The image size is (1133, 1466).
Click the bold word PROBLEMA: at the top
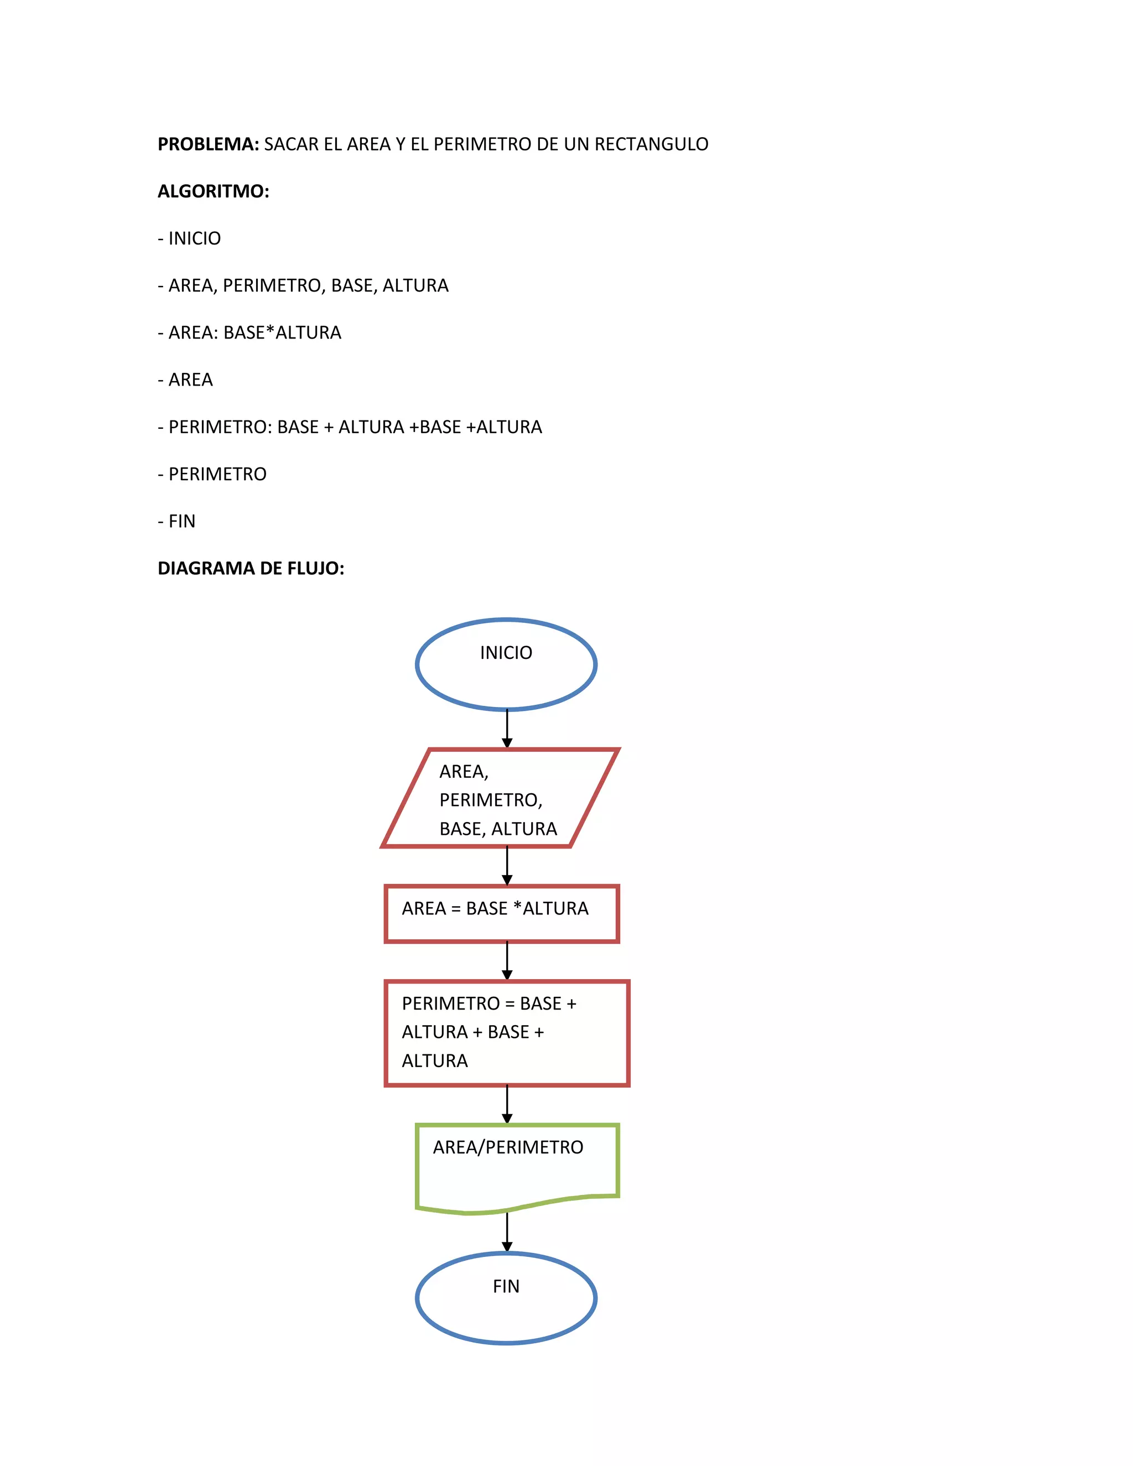tap(208, 144)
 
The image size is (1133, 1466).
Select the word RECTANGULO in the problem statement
tap(651, 144)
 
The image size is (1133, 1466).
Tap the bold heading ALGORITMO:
tap(214, 191)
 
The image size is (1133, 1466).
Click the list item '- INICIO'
tap(189, 238)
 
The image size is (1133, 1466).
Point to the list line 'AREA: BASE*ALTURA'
tap(250, 333)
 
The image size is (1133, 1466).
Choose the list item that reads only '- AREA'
tap(185, 380)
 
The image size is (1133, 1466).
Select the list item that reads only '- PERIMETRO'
tap(212, 474)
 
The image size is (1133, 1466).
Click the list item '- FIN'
tap(176, 522)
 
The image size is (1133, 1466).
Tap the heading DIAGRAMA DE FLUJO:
tap(251, 569)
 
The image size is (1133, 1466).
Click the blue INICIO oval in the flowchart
tap(506, 664)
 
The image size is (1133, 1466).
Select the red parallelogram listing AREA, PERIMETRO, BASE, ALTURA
tap(500, 798)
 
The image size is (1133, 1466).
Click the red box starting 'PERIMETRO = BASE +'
tap(507, 1032)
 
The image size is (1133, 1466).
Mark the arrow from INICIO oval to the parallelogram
tap(507, 729)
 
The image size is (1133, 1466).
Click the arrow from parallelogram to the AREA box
tap(507, 866)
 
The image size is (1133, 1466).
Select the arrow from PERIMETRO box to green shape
tap(507, 1104)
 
